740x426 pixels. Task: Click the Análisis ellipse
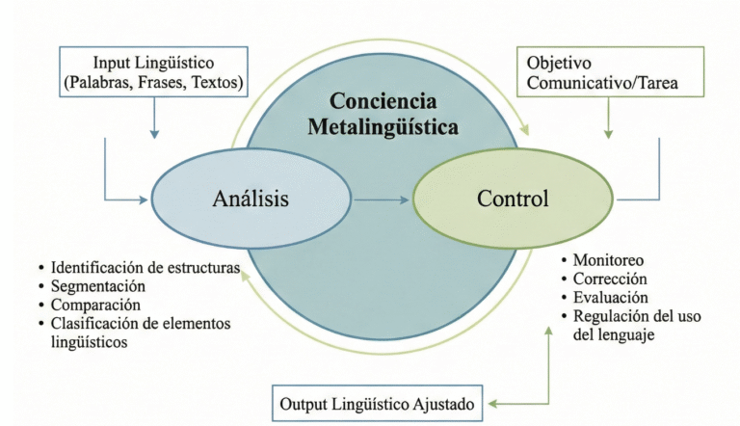click(x=250, y=200)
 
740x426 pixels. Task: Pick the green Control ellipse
click(x=513, y=200)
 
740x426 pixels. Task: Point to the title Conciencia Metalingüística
click(x=383, y=113)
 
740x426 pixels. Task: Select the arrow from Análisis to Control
click(x=382, y=200)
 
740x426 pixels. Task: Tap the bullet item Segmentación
click(x=98, y=286)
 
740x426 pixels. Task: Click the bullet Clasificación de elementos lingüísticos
click(x=140, y=333)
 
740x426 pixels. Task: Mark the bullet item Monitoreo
click(x=608, y=260)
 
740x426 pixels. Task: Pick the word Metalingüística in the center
click(x=383, y=126)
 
